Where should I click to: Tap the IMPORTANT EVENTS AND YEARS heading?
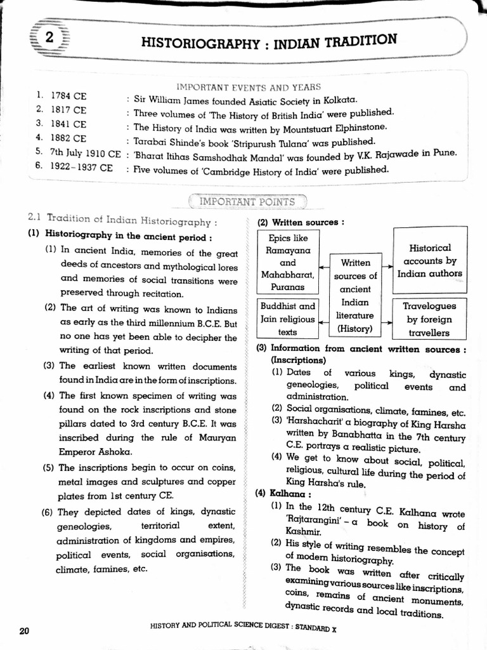pos(248,87)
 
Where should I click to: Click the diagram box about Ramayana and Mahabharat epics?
pos(287,262)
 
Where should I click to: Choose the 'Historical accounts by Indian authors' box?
pos(429,261)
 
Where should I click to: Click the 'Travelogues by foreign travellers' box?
pos(429,319)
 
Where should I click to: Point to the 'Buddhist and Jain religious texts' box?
pos(287,319)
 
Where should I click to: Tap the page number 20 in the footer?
pos(25,630)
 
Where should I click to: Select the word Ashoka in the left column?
pos(112,451)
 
